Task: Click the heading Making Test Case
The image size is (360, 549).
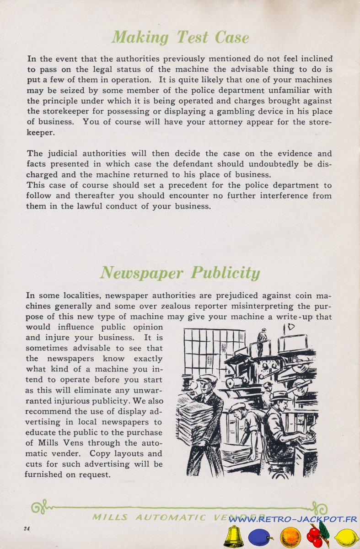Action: click(x=180, y=37)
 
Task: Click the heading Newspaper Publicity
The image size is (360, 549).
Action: click(x=180, y=273)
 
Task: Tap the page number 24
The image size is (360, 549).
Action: click(x=27, y=528)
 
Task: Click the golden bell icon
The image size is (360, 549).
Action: click(x=233, y=537)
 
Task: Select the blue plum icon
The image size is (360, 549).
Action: click(x=260, y=537)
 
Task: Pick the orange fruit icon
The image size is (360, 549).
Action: click(x=290, y=537)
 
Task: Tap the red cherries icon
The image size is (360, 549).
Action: click(x=317, y=535)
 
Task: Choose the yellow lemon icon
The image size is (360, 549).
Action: click(x=346, y=537)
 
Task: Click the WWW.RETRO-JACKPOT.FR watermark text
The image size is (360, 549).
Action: click(x=292, y=519)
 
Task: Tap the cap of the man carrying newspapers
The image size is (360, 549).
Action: click(x=207, y=378)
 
